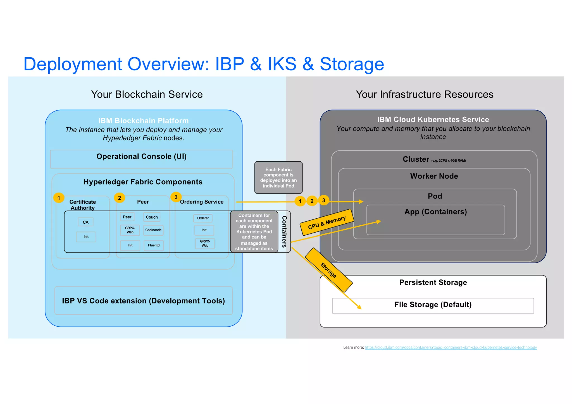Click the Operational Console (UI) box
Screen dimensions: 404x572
pyautogui.click(x=141, y=159)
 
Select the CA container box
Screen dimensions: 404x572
pyautogui.click(x=85, y=222)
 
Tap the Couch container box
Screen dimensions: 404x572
pyautogui.click(x=152, y=217)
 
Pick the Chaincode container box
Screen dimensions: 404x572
pyautogui.click(x=153, y=230)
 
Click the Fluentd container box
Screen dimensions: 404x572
pyautogui.click(x=154, y=245)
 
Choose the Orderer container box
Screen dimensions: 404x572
pyautogui.click(x=203, y=218)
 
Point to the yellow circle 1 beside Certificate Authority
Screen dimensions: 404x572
pyautogui.click(x=59, y=198)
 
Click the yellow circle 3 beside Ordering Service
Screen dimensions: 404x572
pyautogui.click(x=176, y=197)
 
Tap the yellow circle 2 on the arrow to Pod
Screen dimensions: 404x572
pyautogui.click(x=312, y=201)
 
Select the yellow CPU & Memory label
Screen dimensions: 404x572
pyautogui.click(x=327, y=222)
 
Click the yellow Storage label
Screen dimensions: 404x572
pyautogui.click(x=328, y=270)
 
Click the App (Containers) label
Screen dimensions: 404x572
pyautogui.click(x=435, y=212)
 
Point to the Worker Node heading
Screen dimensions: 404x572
pyautogui.click(x=434, y=176)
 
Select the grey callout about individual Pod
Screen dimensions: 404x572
pyautogui.click(x=278, y=178)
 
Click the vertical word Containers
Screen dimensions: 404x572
pyautogui.click(x=284, y=231)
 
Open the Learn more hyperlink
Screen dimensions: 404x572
pyautogui.click(x=451, y=347)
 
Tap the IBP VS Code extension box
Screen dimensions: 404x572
pyautogui.click(x=143, y=301)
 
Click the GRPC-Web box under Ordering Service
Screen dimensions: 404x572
pyautogui.click(x=205, y=243)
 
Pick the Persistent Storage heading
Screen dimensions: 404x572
pyautogui.click(x=433, y=283)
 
